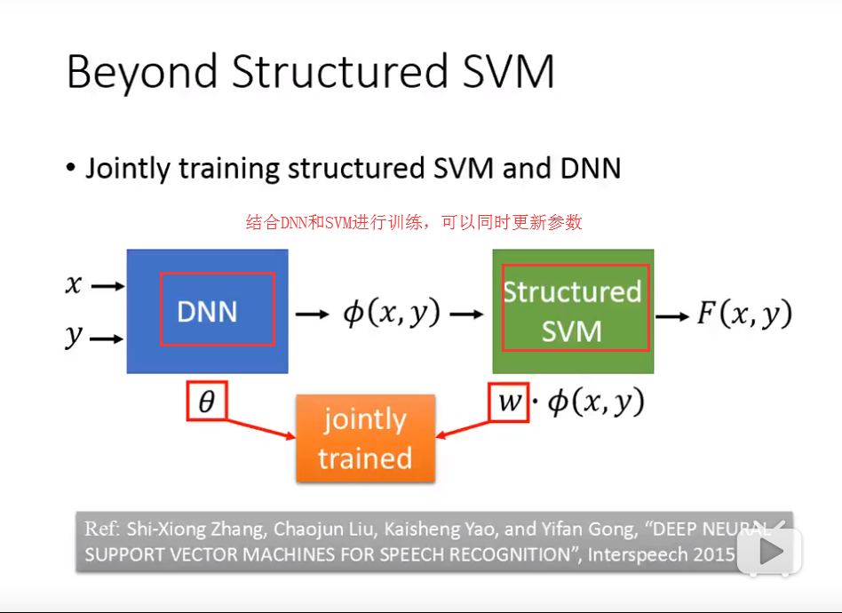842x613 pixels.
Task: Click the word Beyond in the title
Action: pyautogui.click(x=142, y=72)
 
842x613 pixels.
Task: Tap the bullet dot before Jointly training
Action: pyautogui.click(x=71, y=169)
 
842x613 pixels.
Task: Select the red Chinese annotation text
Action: pyautogui.click(x=414, y=222)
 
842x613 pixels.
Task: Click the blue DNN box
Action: pyautogui.click(x=207, y=311)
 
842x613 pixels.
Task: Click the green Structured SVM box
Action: pyautogui.click(x=573, y=311)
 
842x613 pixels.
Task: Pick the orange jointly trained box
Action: pyautogui.click(x=365, y=439)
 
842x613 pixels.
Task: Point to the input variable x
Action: pyautogui.click(x=74, y=285)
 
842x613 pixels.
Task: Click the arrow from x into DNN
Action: pyautogui.click(x=107, y=286)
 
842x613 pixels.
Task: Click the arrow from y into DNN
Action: pyautogui.click(x=107, y=338)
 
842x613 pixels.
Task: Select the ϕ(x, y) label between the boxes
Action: pyautogui.click(x=391, y=314)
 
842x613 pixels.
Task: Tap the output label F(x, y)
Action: pyautogui.click(x=743, y=314)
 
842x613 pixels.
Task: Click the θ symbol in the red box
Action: pyautogui.click(x=206, y=402)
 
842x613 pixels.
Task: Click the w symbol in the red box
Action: pyautogui.click(x=509, y=402)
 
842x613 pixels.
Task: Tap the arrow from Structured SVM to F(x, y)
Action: pyautogui.click(x=671, y=315)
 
